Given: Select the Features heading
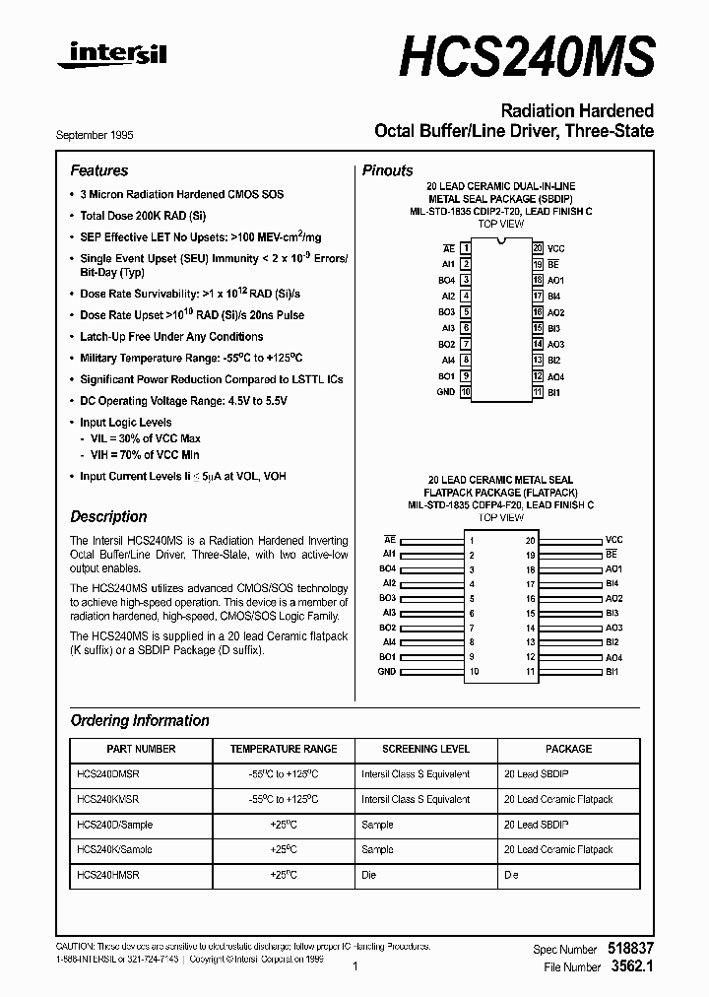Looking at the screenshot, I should (x=99, y=170).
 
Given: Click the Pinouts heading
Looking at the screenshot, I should (x=388, y=170).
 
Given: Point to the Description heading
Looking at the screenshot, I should (x=108, y=516).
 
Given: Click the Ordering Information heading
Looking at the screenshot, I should (x=140, y=720).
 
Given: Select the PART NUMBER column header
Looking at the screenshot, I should (x=140, y=749).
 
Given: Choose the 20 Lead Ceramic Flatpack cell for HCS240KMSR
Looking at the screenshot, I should (x=557, y=800).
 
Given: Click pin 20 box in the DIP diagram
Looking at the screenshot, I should (x=538, y=248).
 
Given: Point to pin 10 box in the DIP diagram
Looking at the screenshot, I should (x=465, y=392).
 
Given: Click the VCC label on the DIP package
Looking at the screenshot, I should (x=556, y=248).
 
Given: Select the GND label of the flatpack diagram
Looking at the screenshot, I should (x=386, y=672).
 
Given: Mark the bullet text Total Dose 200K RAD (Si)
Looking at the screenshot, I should (x=144, y=215).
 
